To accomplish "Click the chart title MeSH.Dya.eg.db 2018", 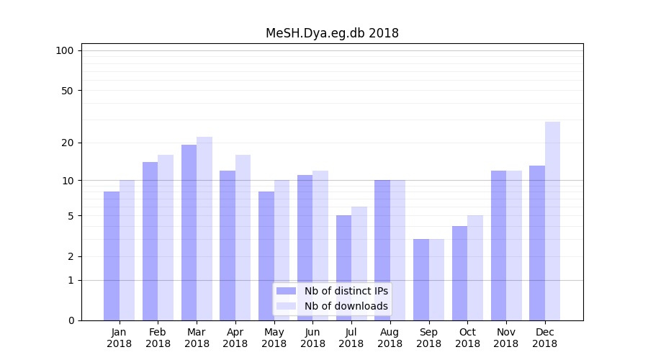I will tap(332, 33).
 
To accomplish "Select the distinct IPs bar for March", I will tap(189, 233).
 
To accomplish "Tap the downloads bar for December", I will tap(552, 221).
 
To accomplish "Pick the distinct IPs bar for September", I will tap(421, 279).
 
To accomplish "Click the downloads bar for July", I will tap(359, 264).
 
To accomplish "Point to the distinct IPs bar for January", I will tap(112, 256).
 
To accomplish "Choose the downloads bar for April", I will tap(243, 238).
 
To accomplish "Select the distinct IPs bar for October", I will tap(459, 273).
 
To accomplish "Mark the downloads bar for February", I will tap(166, 238).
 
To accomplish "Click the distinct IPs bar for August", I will tap(382, 250).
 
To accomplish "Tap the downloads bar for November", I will tap(514, 246).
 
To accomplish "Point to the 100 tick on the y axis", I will tap(65, 50).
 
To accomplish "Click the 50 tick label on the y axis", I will tap(67, 91).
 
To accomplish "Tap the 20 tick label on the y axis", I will tap(67, 143).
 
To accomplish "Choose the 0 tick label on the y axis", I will tap(71, 320).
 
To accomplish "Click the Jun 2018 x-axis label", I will tap(312, 338).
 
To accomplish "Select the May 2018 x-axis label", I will tap(274, 338).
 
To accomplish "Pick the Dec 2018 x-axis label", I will tap(545, 338).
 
